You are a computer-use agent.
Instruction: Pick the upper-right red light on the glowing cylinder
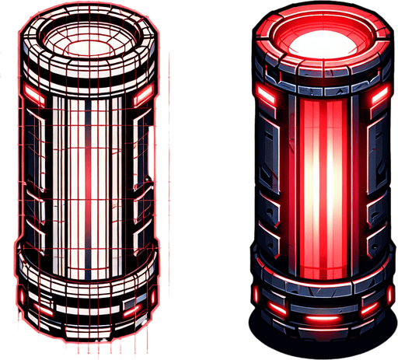click(x=379, y=95)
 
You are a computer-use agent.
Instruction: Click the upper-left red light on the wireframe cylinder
click(x=33, y=96)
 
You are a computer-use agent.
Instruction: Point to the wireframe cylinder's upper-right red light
click(x=143, y=99)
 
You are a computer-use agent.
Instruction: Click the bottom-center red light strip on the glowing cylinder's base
click(x=321, y=320)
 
